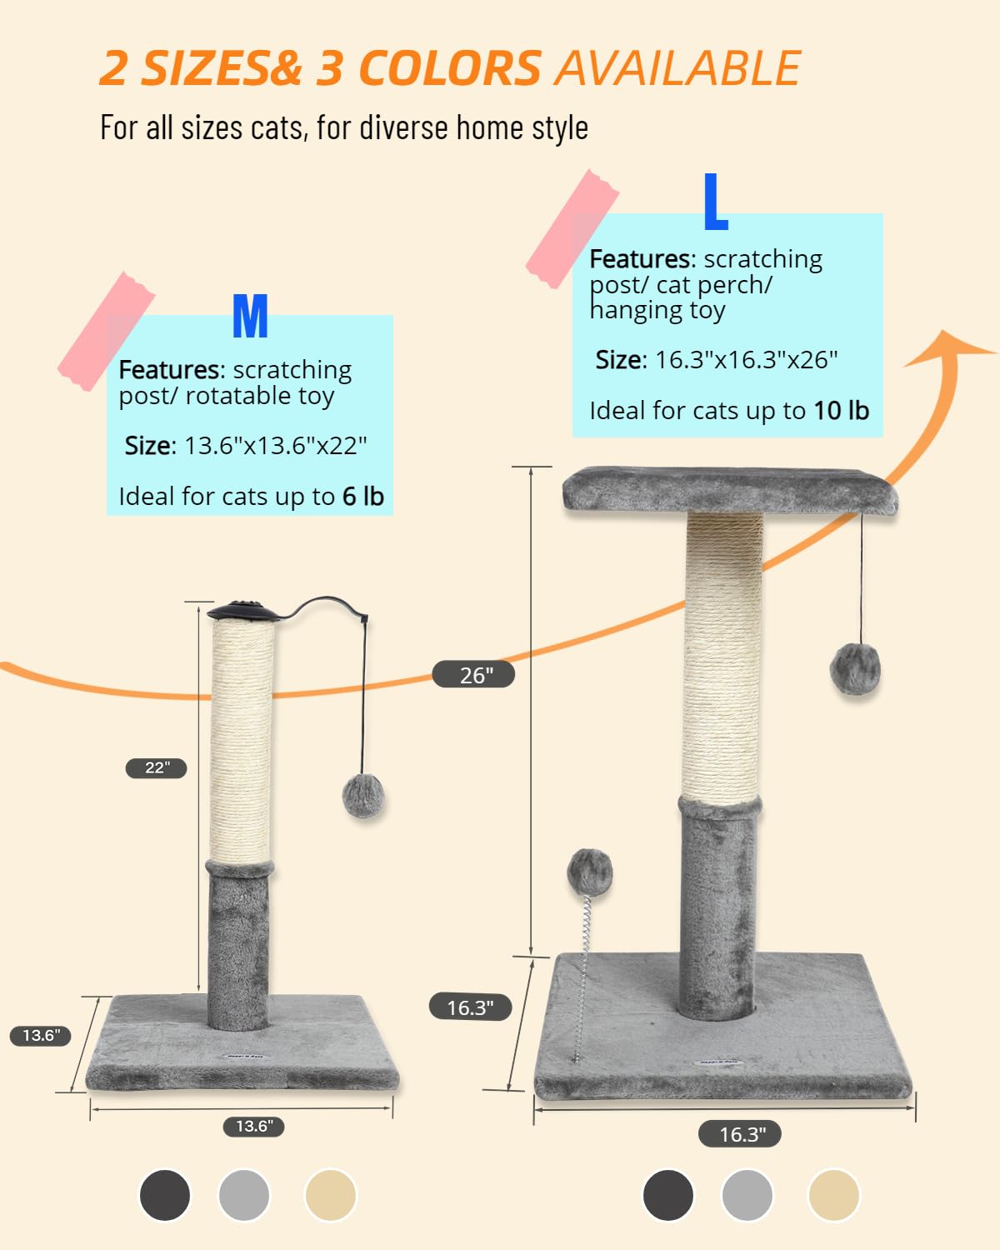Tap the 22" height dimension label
(x=156, y=767)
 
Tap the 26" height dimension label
(x=473, y=674)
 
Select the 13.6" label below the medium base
(x=254, y=1127)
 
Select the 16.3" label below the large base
(x=740, y=1134)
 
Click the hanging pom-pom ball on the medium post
(x=363, y=795)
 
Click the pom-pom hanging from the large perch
(x=855, y=668)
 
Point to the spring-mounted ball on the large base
(x=589, y=873)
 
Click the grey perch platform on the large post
(x=730, y=491)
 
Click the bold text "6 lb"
(x=363, y=496)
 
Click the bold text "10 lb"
(x=841, y=411)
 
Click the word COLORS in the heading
(x=450, y=68)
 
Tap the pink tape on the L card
(x=572, y=229)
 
